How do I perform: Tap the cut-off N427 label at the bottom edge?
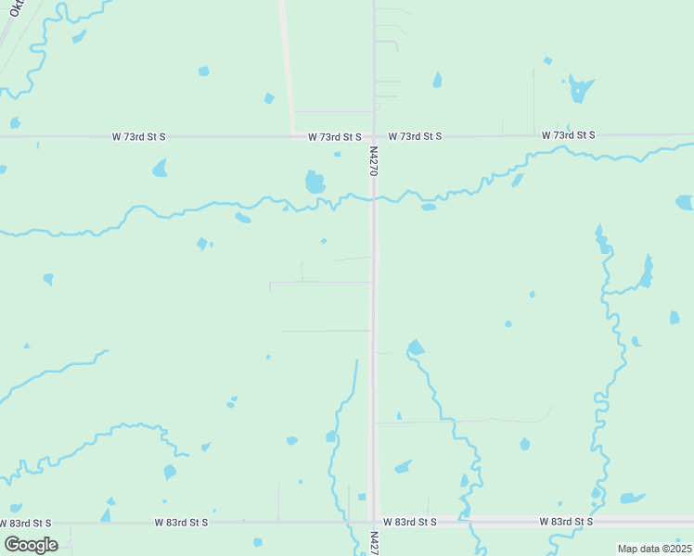[x=374, y=541]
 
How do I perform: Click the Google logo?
[x=31, y=544]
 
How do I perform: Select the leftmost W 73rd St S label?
[x=138, y=136]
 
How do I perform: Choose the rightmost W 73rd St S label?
[x=568, y=135]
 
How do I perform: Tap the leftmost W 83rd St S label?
[x=181, y=523]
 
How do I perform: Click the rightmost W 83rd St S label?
[x=566, y=522]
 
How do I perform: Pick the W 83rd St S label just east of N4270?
[x=409, y=523]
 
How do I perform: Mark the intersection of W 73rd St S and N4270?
[x=374, y=136]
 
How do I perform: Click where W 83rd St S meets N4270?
[x=374, y=522]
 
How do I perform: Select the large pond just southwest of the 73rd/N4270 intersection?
[x=315, y=182]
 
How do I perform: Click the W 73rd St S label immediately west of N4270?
[x=334, y=136]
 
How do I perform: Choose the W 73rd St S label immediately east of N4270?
[x=415, y=136]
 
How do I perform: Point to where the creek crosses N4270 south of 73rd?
[x=374, y=196]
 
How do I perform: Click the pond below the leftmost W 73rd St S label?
[x=160, y=168]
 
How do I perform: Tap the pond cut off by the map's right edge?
[x=685, y=202]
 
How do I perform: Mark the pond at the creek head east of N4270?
[x=415, y=347]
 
